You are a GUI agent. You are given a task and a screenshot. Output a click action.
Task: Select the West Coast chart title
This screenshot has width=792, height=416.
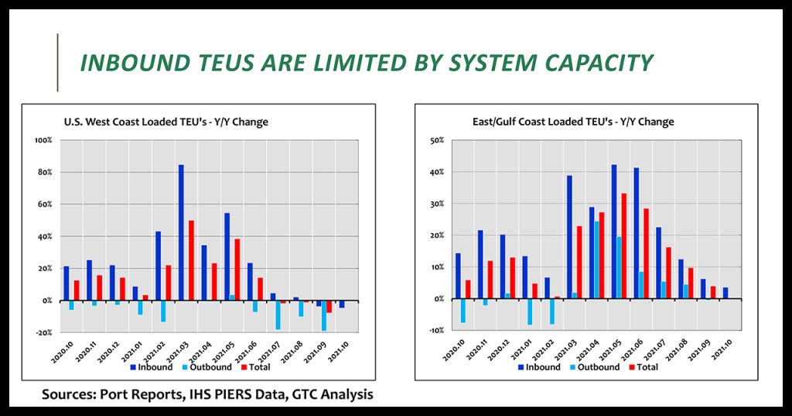166,122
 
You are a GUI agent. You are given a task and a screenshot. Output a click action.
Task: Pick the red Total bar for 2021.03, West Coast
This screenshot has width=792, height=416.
191,260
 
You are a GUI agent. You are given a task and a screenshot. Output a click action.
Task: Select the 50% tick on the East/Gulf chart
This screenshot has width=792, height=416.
438,139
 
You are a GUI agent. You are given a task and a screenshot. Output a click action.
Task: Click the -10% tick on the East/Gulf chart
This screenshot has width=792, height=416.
436,331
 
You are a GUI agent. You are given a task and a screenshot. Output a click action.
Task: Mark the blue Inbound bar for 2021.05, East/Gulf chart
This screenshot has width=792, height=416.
614,232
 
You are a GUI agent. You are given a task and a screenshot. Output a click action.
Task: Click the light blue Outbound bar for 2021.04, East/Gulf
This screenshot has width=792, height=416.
596,260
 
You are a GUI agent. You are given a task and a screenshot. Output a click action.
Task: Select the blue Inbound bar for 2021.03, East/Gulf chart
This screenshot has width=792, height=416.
569,237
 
